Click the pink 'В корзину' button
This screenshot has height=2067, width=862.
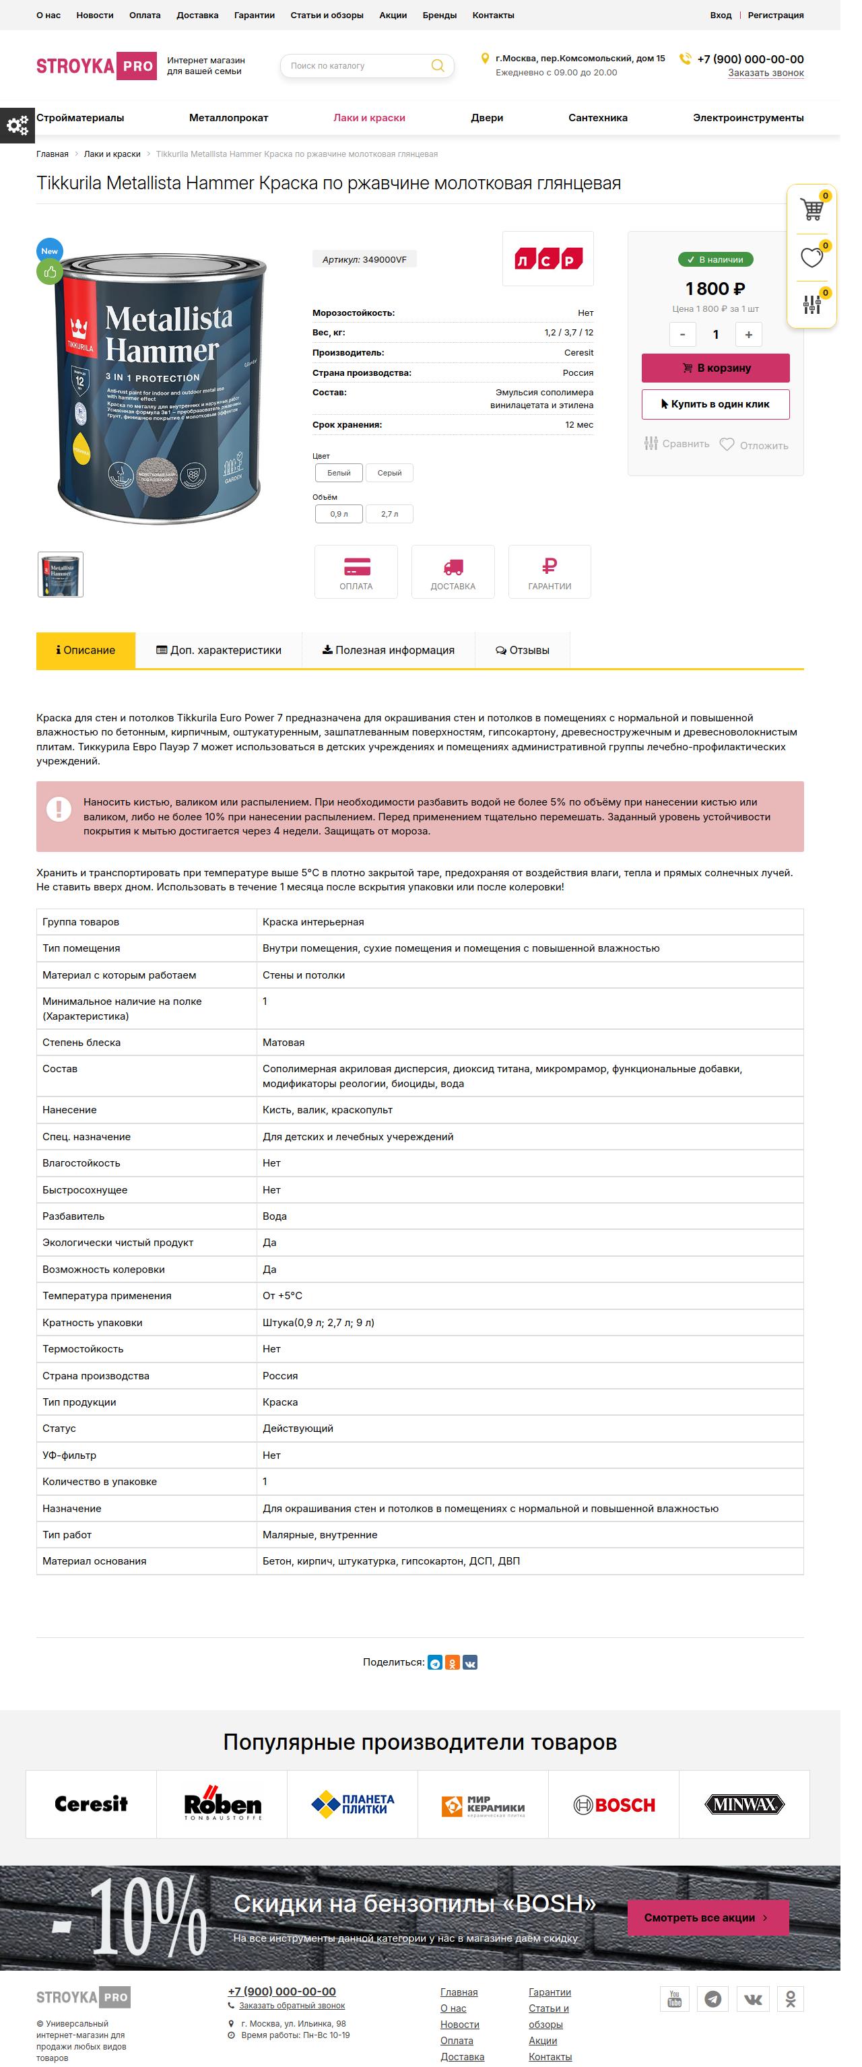pyautogui.click(x=715, y=368)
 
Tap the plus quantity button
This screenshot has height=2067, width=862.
pyautogui.click(x=748, y=335)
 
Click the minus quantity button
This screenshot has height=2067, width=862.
pyautogui.click(x=682, y=335)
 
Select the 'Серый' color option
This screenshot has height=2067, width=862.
pyautogui.click(x=389, y=473)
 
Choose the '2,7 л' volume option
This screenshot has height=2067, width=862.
pyautogui.click(x=389, y=513)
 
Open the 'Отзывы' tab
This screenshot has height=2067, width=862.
pyautogui.click(x=523, y=650)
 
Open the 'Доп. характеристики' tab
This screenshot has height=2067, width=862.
pyautogui.click(x=218, y=650)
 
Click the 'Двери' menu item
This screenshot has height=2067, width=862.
pyautogui.click(x=486, y=118)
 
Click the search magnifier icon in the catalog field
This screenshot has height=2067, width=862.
pyautogui.click(x=438, y=66)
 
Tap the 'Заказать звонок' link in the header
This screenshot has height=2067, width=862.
pyautogui.click(x=765, y=73)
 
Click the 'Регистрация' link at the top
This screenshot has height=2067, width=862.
pyautogui.click(x=774, y=15)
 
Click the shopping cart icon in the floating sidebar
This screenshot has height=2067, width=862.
pyautogui.click(x=811, y=209)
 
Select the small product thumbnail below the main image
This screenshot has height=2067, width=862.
pyautogui.click(x=60, y=575)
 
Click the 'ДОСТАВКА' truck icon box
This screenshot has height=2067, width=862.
pyautogui.click(x=453, y=571)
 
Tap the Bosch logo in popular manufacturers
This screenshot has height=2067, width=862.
pyautogui.click(x=614, y=1804)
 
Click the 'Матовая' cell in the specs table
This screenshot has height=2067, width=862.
pyautogui.click(x=284, y=1043)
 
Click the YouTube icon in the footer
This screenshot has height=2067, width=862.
pyautogui.click(x=674, y=1998)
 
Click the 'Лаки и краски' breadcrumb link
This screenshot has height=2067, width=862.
pyautogui.click(x=112, y=154)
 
